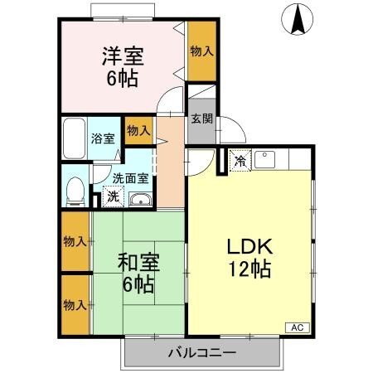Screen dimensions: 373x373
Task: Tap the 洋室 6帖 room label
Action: click(123, 67)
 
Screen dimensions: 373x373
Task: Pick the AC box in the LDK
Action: click(296, 328)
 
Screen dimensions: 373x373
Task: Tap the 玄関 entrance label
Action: click(201, 119)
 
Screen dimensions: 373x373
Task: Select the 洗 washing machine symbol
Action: click(112, 199)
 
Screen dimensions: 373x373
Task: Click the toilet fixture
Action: click(74, 191)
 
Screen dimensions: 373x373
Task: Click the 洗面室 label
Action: click(130, 177)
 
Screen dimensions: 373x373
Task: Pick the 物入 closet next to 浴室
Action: click(138, 130)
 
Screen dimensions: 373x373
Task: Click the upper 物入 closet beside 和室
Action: click(75, 242)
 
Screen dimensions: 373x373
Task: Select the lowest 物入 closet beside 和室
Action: click(75, 305)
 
